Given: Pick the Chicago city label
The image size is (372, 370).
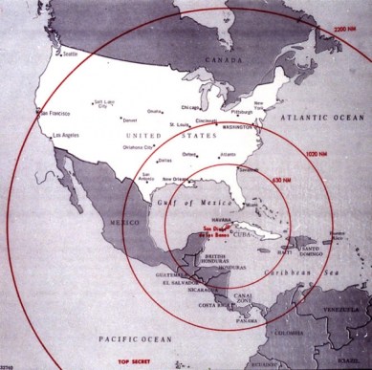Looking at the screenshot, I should (x=190, y=107).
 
